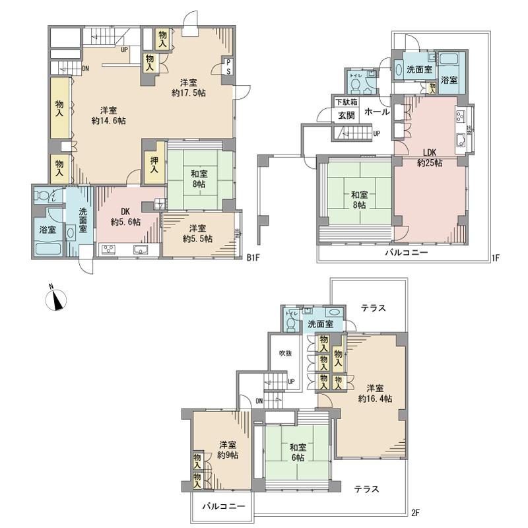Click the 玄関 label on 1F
point(346,116)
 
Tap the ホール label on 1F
point(377,112)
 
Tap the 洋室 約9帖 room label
point(228,449)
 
